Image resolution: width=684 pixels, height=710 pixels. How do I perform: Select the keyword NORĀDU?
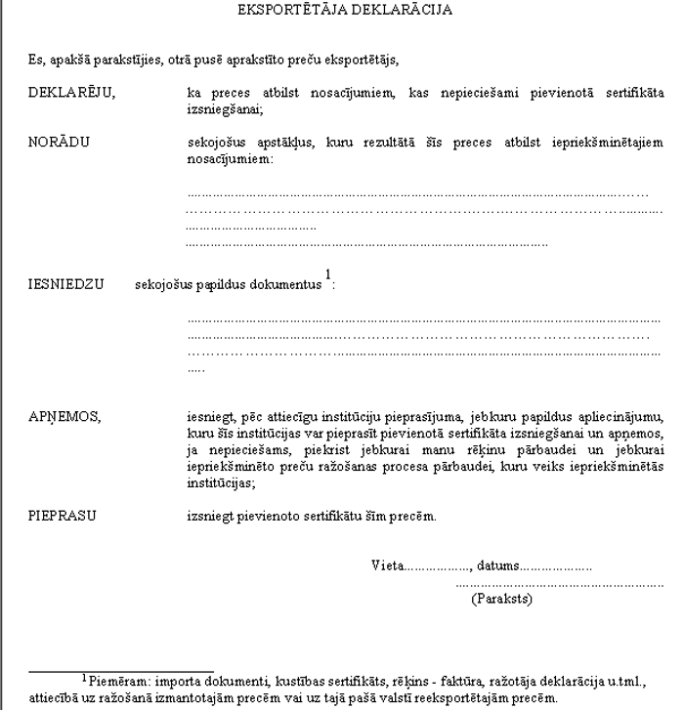click(59, 142)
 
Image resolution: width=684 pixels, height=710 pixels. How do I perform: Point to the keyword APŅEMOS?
click(64, 416)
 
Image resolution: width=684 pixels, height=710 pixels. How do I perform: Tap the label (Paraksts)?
click(501, 598)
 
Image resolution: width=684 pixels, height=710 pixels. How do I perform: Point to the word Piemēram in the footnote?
click(115, 679)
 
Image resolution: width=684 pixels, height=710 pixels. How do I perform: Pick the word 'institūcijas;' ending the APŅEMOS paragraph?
click(221, 482)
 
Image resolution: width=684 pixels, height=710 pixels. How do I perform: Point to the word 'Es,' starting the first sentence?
click(36, 60)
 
